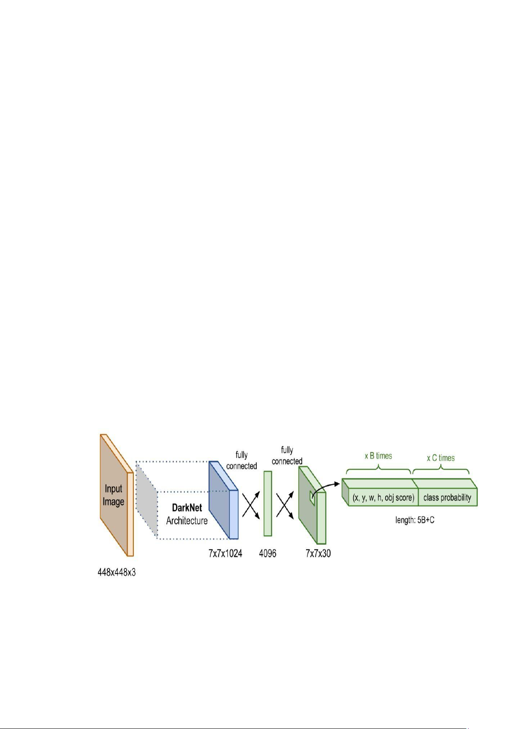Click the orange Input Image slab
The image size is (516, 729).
pyautogui.click(x=116, y=495)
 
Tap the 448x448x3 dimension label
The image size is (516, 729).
pyautogui.click(x=116, y=572)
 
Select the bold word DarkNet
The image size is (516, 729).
pyautogui.click(x=187, y=507)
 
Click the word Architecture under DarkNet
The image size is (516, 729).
pyautogui.click(x=187, y=520)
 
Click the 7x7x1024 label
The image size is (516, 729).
pyautogui.click(x=225, y=553)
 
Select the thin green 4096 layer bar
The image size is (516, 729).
pyautogui.click(x=268, y=504)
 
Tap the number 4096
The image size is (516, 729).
pyautogui.click(x=268, y=553)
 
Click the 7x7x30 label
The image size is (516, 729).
pyautogui.click(x=318, y=553)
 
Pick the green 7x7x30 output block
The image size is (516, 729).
pyautogui.click(x=313, y=505)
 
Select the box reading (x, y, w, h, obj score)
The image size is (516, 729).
pyautogui.click(x=383, y=498)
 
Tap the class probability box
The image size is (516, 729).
pyautogui.click(x=447, y=498)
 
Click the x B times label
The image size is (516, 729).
pyautogui.click(x=378, y=456)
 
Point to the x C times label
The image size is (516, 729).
pyautogui.click(x=441, y=458)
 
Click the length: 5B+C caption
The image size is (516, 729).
pyautogui.click(x=415, y=520)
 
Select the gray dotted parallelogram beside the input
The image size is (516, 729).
pyautogui.click(x=147, y=500)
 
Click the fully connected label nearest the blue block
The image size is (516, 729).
pyautogui.click(x=242, y=460)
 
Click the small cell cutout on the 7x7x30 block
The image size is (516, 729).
pyautogui.click(x=312, y=498)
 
